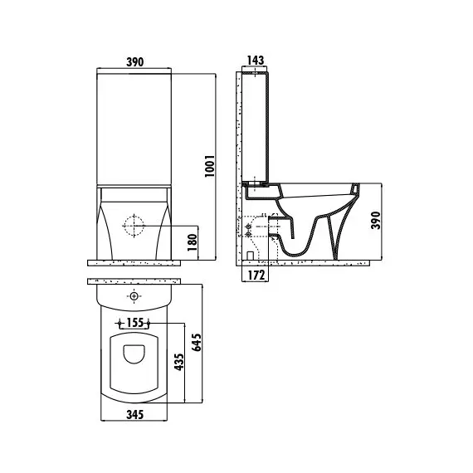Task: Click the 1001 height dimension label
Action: point(210,166)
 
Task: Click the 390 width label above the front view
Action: point(134,62)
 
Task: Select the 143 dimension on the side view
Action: point(256,61)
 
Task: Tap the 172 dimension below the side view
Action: point(256,276)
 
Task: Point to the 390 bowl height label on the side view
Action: point(376,221)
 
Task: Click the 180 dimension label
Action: point(193,242)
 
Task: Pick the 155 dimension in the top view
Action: point(134,323)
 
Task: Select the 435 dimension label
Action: point(179,362)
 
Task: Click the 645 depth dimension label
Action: point(197,342)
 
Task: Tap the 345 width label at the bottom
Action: point(134,414)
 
